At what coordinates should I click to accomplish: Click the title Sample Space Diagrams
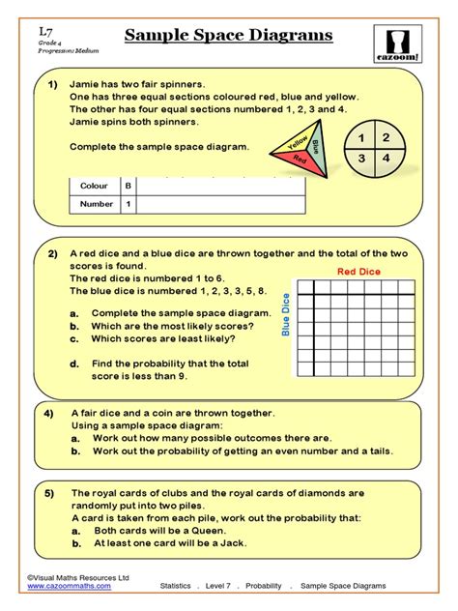pos(229,36)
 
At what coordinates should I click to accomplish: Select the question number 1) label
pos(54,86)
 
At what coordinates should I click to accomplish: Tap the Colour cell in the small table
pos(94,186)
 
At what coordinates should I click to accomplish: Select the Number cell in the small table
pos(97,205)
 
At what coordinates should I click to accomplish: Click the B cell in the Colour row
pos(129,186)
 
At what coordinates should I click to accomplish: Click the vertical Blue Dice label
pos(286,316)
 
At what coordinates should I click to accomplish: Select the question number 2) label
pos(53,254)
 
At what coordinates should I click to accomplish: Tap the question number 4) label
pos(54,411)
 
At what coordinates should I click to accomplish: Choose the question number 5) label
pos(54,492)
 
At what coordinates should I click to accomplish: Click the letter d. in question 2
pos(74,364)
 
